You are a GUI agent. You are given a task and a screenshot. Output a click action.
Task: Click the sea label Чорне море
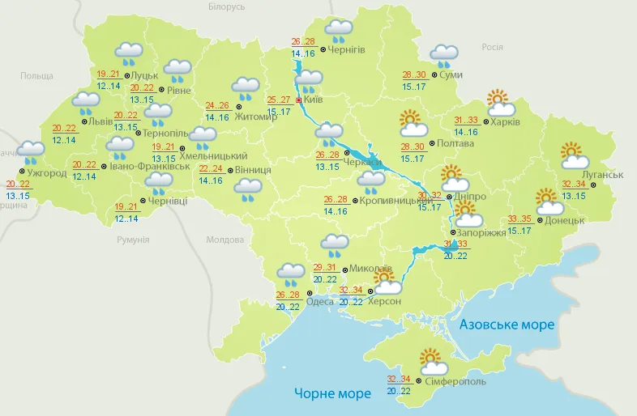pyautogui.click(x=332, y=393)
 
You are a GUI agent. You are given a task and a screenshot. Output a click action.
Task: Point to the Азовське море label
pyautogui.click(x=507, y=325)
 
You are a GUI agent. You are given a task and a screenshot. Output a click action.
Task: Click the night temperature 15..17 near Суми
pyautogui.click(x=415, y=87)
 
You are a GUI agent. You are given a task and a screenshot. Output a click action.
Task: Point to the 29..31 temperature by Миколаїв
pyautogui.click(x=325, y=268)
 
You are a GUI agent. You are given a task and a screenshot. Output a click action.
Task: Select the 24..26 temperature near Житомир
pyautogui.click(x=216, y=105)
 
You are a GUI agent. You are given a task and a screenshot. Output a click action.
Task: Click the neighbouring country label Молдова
pyautogui.click(x=224, y=240)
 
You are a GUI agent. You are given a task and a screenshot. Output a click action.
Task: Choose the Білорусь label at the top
pyautogui.click(x=226, y=6)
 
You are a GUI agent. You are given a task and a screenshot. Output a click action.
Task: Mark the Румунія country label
pyautogui.click(x=133, y=240)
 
